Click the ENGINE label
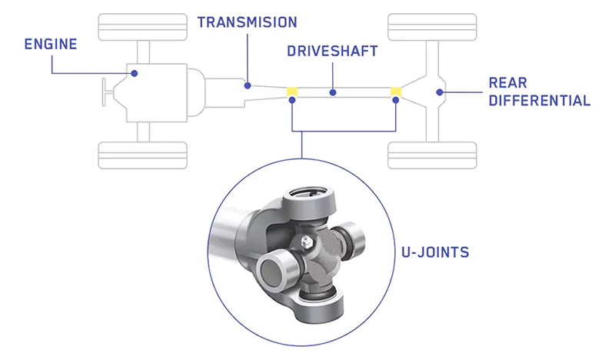click(x=51, y=43)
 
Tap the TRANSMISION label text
click(x=247, y=22)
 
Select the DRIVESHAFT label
click(x=333, y=52)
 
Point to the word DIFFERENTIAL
click(x=539, y=101)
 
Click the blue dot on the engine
click(x=135, y=73)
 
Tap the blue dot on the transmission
click(x=248, y=85)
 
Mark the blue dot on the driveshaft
click(x=333, y=92)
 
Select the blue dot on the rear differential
click(x=440, y=92)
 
